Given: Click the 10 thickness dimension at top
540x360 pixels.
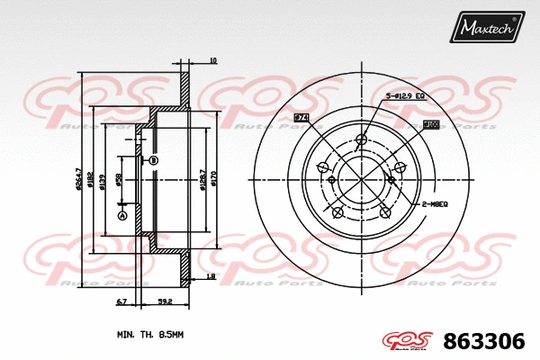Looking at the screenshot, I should (x=212, y=60).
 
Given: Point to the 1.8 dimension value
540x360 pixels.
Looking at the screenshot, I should (x=211, y=276).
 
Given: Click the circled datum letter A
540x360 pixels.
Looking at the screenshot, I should (x=122, y=215).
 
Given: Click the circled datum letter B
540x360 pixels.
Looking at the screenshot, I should (x=154, y=160).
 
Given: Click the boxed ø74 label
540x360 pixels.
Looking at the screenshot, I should (x=301, y=118).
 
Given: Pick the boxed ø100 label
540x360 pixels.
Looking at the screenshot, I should (x=430, y=124).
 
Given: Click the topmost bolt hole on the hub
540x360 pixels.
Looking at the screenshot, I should (x=362, y=139).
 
